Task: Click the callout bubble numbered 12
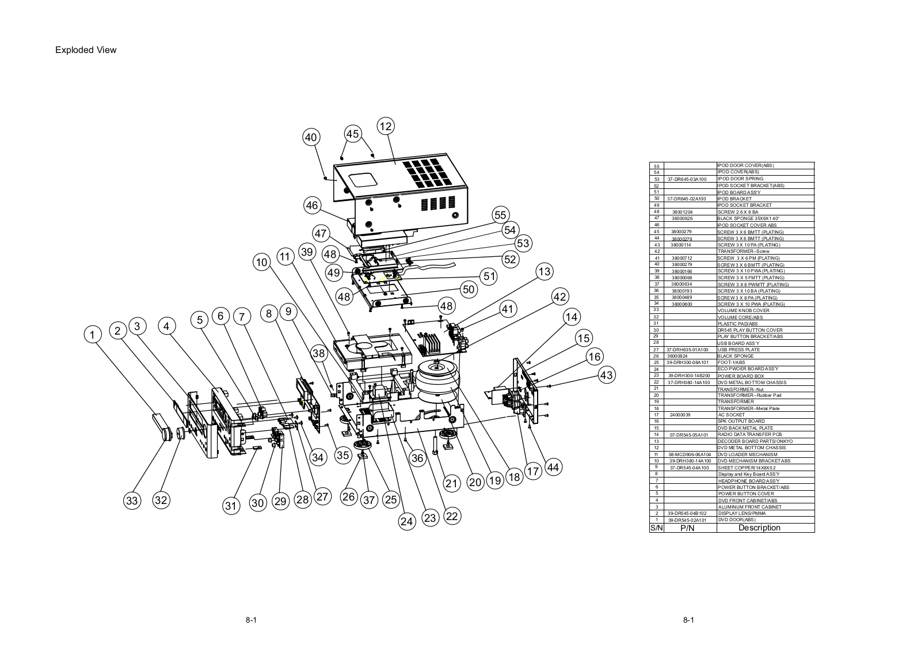click(386, 126)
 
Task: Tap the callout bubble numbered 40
click(311, 137)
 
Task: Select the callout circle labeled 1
click(92, 333)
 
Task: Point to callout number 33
click(132, 501)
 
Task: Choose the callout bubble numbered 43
click(606, 375)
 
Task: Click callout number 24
click(407, 521)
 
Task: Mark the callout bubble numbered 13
click(544, 271)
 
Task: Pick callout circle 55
click(500, 215)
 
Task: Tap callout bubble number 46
click(311, 205)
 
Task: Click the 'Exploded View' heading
click(86, 50)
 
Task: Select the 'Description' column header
click(759, 528)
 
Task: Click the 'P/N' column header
click(687, 528)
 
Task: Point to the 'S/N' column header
click(656, 528)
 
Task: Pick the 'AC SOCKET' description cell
click(731, 415)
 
